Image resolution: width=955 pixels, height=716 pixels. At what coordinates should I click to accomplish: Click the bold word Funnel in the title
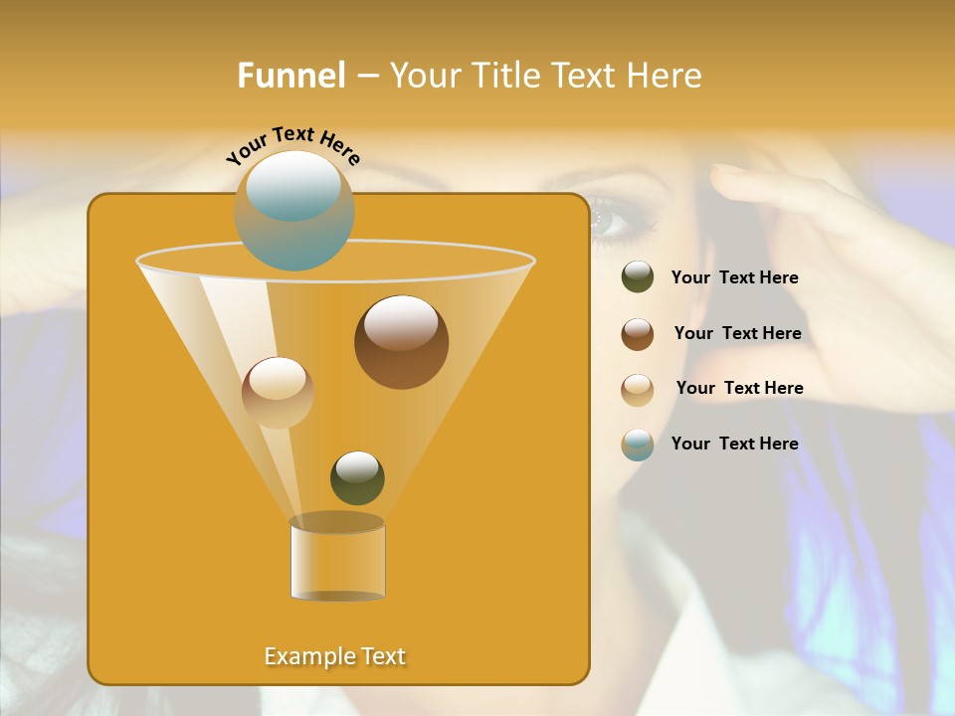pyautogui.click(x=291, y=75)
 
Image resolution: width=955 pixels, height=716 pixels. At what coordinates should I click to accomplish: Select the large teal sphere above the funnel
pyautogui.click(x=294, y=210)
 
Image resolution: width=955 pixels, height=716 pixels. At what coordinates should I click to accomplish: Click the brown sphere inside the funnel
pyautogui.click(x=401, y=342)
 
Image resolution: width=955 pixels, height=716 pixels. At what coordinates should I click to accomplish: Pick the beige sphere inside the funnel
pyautogui.click(x=278, y=392)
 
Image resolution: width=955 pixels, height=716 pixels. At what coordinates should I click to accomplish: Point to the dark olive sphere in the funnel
pyautogui.click(x=357, y=477)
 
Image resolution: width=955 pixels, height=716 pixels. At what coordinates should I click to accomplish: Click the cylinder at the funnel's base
pyautogui.click(x=337, y=558)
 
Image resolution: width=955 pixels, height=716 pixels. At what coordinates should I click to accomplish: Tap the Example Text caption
pyautogui.click(x=335, y=656)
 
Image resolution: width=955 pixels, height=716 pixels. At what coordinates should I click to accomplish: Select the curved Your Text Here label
pyautogui.click(x=292, y=145)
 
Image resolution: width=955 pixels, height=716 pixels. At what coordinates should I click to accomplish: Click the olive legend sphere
pyautogui.click(x=638, y=277)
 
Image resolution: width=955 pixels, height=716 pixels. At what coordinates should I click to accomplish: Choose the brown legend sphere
pyautogui.click(x=638, y=334)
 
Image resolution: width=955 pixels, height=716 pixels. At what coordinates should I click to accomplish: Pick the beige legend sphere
pyautogui.click(x=638, y=390)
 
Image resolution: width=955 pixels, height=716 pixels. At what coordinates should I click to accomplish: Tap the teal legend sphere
pyautogui.click(x=638, y=445)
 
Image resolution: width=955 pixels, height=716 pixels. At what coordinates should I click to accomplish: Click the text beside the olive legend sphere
pyautogui.click(x=734, y=278)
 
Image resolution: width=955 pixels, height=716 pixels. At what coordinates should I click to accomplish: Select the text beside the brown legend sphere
pyautogui.click(x=737, y=333)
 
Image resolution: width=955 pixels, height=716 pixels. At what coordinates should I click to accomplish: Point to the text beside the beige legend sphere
pyautogui.click(x=739, y=388)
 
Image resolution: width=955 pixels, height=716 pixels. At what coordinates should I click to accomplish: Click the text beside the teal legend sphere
pyautogui.click(x=734, y=444)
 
